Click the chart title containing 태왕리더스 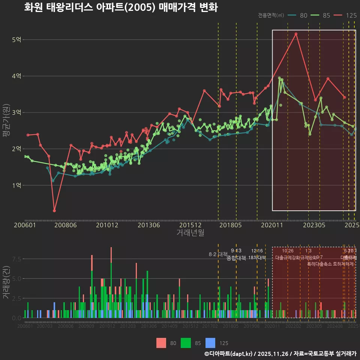pos(121,7)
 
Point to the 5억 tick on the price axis pos(16,40)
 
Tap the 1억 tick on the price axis pos(16,185)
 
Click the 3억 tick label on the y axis pos(16,112)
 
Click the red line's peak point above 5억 pos(296,34)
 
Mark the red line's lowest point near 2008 pos(54,211)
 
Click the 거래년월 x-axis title pos(190,232)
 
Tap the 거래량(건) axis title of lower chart pos(6,282)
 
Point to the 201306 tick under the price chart pos(149,225)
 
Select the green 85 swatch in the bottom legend pos(186,343)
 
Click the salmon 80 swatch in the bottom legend pos(161,343)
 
